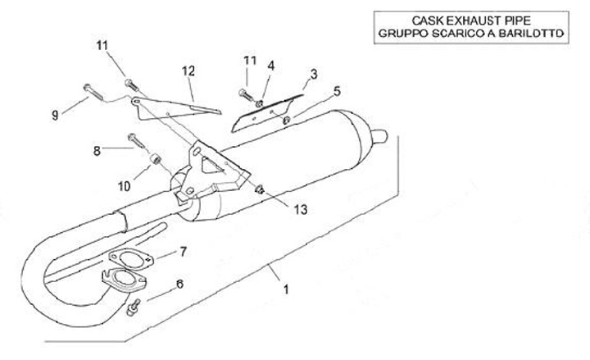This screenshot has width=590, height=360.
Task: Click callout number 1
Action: coord(285,289)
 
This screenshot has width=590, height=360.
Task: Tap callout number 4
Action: coord(270,66)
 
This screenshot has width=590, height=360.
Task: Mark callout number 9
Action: coord(55,116)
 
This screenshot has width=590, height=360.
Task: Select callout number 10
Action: coord(123,186)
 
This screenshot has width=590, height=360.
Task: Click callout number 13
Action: coord(300,210)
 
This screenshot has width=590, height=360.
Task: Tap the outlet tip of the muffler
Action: coord(379,133)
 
